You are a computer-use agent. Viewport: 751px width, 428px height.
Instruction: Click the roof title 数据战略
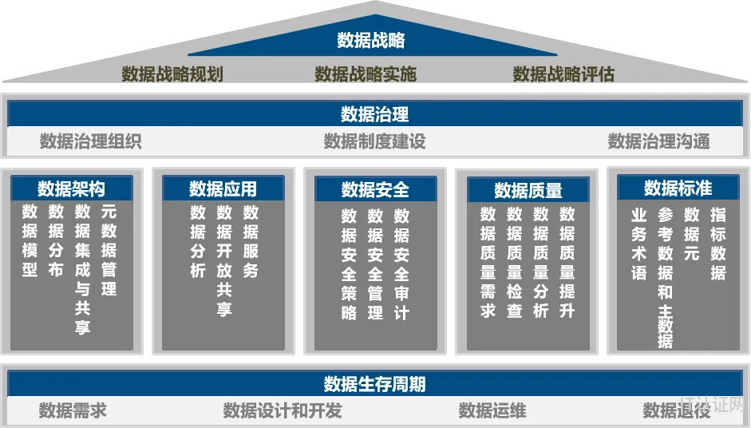(x=370, y=40)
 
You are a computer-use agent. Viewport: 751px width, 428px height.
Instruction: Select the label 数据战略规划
(x=172, y=74)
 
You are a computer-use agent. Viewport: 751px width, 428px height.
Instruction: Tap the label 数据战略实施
(x=366, y=74)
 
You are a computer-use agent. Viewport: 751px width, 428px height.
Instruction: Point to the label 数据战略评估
(x=563, y=74)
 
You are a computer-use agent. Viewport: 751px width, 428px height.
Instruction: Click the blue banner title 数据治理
(x=374, y=114)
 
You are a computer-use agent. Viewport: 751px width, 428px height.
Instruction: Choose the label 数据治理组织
(x=90, y=141)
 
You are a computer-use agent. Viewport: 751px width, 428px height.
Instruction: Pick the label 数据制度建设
(x=374, y=141)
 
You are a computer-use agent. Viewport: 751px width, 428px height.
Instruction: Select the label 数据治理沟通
(x=659, y=141)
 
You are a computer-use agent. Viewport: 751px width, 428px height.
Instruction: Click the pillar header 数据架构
(x=71, y=188)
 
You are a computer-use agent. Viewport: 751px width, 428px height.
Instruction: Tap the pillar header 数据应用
(x=223, y=188)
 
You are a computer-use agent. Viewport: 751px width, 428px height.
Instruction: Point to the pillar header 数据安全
(x=375, y=190)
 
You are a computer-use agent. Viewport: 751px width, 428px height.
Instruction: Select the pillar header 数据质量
(x=528, y=190)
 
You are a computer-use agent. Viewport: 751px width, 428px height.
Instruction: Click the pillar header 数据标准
(x=678, y=188)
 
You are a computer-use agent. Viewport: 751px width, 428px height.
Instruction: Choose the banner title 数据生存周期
(x=374, y=384)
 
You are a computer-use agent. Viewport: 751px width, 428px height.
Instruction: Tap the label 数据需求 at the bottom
(x=73, y=410)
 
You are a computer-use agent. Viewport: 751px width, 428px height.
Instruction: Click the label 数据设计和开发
(x=283, y=410)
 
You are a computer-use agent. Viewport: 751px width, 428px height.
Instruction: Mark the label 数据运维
(x=492, y=410)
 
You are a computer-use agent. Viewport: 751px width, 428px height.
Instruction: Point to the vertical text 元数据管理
(x=109, y=250)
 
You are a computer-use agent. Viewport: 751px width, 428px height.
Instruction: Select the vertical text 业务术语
(x=639, y=244)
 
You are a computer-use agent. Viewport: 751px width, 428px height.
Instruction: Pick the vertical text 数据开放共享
(x=224, y=260)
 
